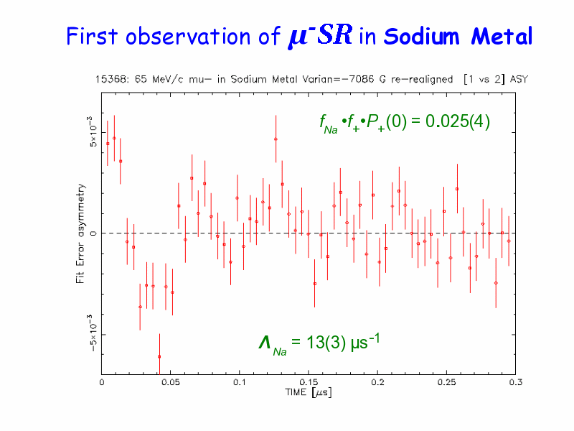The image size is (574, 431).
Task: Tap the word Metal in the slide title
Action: coord(502,36)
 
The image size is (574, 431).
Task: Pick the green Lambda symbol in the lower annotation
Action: coord(264,343)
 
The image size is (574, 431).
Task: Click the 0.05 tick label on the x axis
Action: coord(170,382)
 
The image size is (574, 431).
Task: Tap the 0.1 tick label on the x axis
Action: coord(239,382)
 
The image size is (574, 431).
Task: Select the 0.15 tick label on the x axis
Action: coord(308,382)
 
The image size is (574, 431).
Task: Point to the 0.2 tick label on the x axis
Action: coord(377,382)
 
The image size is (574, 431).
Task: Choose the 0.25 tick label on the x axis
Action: coord(446,382)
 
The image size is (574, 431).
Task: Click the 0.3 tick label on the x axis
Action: coord(514,382)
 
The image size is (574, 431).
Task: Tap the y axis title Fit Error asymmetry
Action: coord(81,233)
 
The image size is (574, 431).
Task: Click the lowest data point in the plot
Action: coord(159,356)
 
